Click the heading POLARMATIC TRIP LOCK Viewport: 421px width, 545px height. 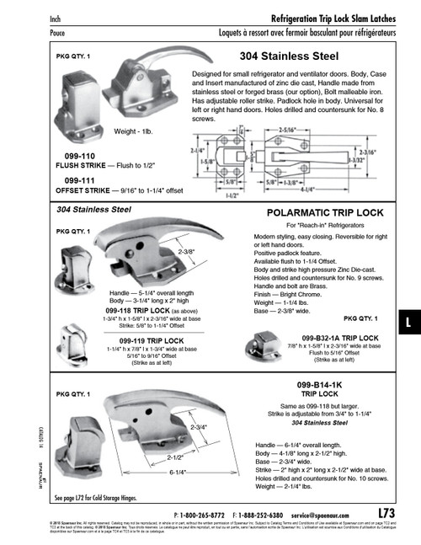coord(318,214)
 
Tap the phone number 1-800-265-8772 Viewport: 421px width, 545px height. coord(207,513)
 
